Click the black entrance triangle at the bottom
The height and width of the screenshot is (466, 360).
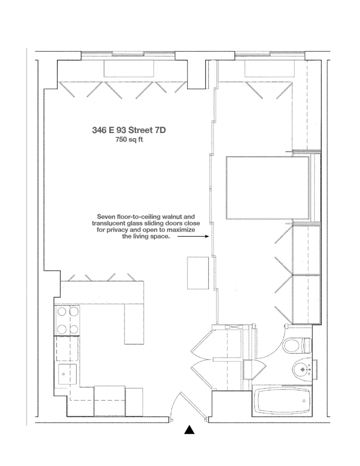pyautogui.click(x=189, y=430)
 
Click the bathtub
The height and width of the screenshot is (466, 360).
pyautogui.click(x=282, y=402)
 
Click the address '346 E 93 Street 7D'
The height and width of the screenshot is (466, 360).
pyautogui.click(x=129, y=130)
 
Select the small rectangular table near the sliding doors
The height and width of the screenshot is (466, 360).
pyautogui.click(x=198, y=272)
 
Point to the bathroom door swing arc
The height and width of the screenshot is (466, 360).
pyautogui.click(x=270, y=349)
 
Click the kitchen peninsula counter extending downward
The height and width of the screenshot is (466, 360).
pyautogui.click(x=134, y=323)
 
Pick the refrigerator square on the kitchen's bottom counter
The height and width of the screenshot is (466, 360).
pyautogui.click(x=109, y=398)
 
